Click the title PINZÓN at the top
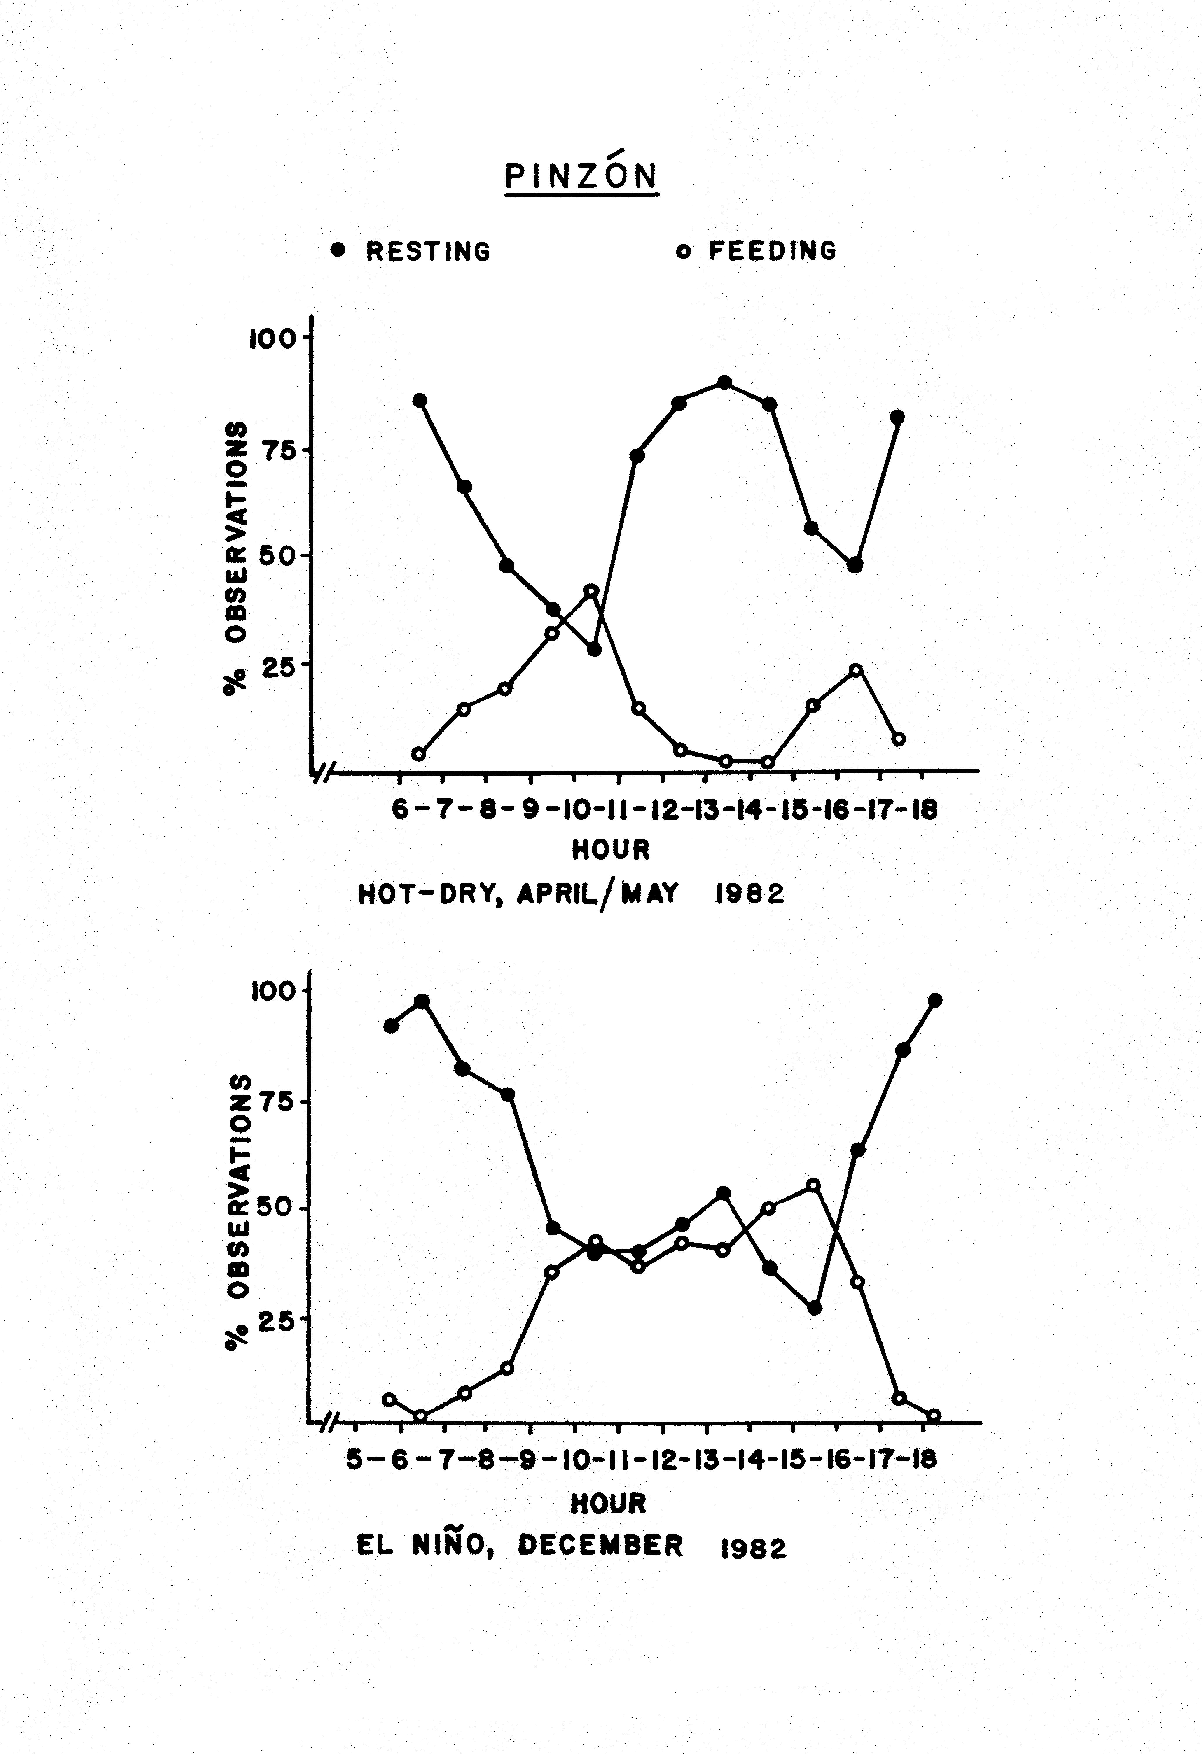pos(581,176)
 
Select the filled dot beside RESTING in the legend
pos(338,250)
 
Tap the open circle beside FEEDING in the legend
pos(682,252)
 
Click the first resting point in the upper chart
pos(420,400)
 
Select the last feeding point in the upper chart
pos(899,739)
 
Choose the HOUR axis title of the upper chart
pos(610,850)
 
